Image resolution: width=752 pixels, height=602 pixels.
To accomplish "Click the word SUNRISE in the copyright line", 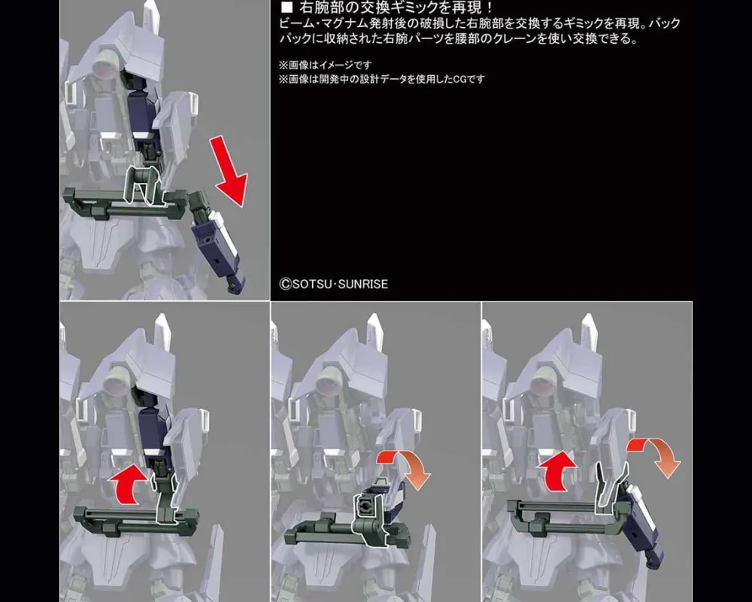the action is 363,284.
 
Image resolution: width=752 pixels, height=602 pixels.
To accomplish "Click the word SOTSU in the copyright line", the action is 312,284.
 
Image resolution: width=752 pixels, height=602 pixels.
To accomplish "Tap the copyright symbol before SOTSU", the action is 285,284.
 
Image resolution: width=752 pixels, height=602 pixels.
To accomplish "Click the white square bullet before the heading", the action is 287,8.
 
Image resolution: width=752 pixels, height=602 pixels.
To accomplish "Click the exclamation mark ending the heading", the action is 489,8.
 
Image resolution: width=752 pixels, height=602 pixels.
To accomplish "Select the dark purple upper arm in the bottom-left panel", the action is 153,432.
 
